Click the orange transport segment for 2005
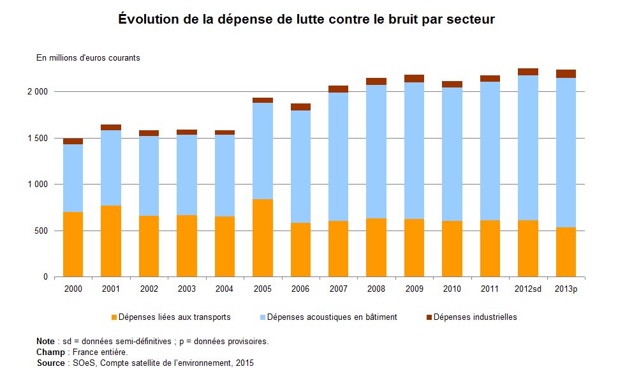pyautogui.click(x=263, y=238)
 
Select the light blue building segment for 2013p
pyautogui.click(x=566, y=153)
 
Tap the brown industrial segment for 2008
pyautogui.click(x=376, y=82)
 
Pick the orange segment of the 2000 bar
pyautogui.click(x=73, y=245)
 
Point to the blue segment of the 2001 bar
pyautogui.click(x=111, y=168)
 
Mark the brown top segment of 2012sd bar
pyautogui.click(x=528, y=72)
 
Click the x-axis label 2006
pyautogui.click(x=300, y=289)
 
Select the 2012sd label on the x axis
pyautogui.click(x=528, y=289)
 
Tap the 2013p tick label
pyautogui.click(x=566, y=289)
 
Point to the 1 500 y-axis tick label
pyautogui.click(x=37, y=138)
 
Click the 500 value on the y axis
pyautogui.click(x=40, y=230)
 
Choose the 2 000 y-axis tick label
pyautogui.click(x=37, y=92)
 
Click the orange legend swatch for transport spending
pyautogui.click(x=115, y=317)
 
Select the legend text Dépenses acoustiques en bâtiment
pyautogui.click(x=332, y=317)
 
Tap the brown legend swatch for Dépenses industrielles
pyautogui.click(x=429, y=317)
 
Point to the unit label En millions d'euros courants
pyautogui.click(x=88, y=58)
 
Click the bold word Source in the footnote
pyautogui.click(x=51, y=363)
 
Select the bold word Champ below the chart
pyautogui.click(x=51, y=352)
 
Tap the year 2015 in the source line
pyautogui.click(x=245, y=363)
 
